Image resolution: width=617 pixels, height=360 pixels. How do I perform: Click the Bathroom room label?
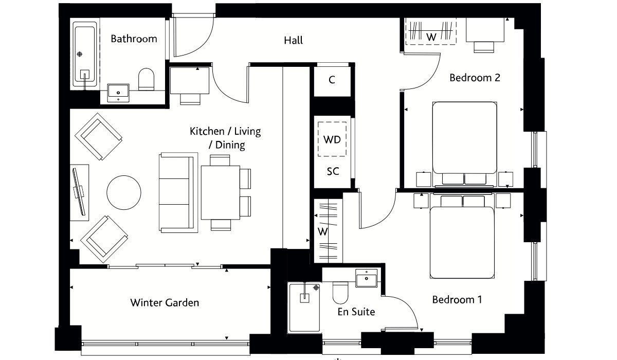coord(134,39)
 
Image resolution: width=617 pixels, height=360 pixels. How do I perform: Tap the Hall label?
coord(294,41)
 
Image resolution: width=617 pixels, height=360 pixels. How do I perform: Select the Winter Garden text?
coord(165,303)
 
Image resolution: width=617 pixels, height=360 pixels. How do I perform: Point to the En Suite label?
coord(356,312)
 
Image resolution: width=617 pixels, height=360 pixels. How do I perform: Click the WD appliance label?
coord(332,140)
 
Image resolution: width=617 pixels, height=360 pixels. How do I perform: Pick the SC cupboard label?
coord(333,172)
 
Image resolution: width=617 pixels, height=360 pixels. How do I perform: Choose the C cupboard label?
coord(332,80)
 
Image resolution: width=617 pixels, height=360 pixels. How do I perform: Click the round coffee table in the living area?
coord(124,192)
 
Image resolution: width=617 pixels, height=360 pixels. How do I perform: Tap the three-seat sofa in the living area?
coord(178,192)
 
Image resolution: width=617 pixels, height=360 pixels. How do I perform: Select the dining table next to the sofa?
coord(221,192)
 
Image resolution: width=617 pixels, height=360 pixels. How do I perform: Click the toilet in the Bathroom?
coord(146,79)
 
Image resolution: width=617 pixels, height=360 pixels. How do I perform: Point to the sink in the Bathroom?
coord(118,93)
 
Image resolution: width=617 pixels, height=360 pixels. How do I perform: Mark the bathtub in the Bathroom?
coord(85,55)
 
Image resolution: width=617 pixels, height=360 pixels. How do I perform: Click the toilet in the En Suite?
coord(340,293)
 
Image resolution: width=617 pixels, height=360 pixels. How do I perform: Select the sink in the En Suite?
coord(366,278)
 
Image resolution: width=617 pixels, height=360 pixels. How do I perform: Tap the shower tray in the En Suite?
coord(304,308)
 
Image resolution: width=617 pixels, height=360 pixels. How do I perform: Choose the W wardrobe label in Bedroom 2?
coord(431,37)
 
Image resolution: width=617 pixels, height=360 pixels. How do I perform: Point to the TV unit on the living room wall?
coord(79,192)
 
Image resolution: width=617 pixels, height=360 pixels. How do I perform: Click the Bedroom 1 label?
coord(457,300)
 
